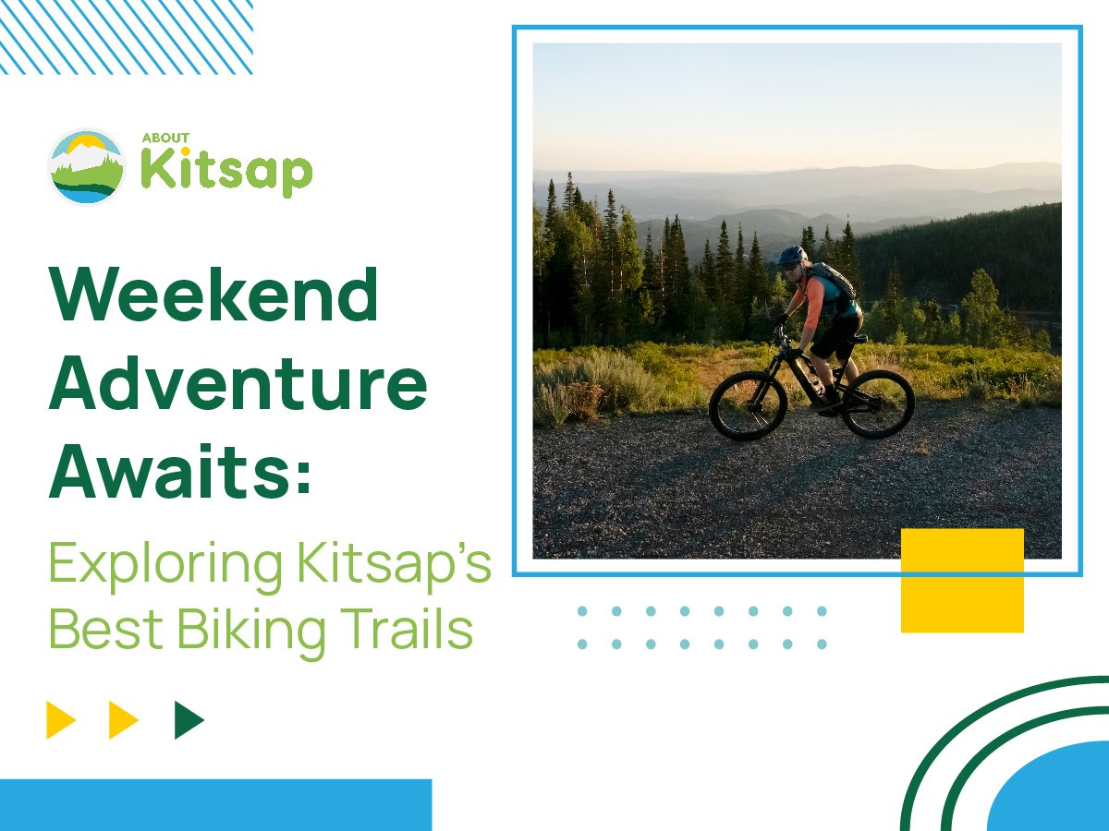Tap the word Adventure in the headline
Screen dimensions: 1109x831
(x=238, y=382)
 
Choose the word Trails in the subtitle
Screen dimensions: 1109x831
(x=407, y=628)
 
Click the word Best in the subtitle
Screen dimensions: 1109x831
(x=106, y=629)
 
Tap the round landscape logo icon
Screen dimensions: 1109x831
(x=87, y=166)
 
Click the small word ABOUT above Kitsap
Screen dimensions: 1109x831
(x=165, y=138)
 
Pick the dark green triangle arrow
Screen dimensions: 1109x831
(x=189, y=720)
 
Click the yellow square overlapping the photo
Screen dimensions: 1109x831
(x=962, y=581)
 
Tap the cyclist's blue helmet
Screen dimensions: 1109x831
(x=792, y=255)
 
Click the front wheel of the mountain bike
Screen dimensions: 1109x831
(x=749, y=405)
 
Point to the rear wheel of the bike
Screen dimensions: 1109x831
(x=878, y=403)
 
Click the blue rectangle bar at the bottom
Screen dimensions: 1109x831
(x=215, y=805)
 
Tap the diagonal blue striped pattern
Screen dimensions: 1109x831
(x=127, y=37)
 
